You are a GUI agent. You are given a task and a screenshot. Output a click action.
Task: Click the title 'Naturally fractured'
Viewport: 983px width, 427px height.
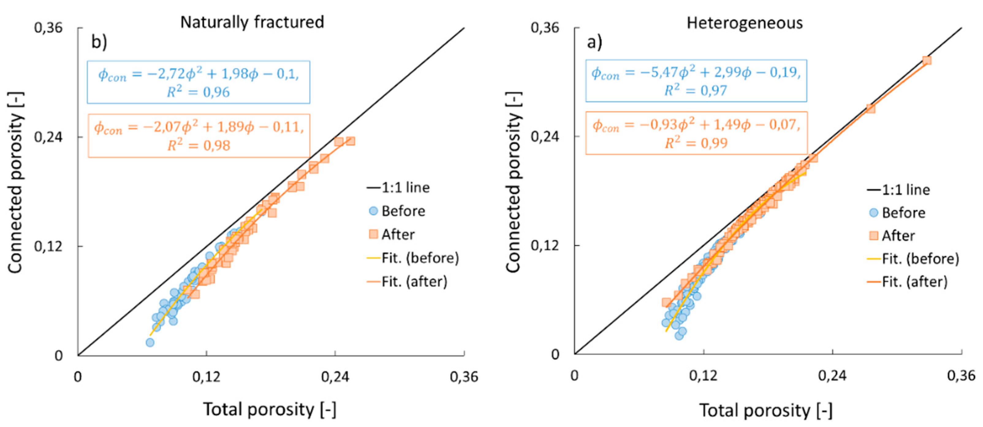tap(252, 22)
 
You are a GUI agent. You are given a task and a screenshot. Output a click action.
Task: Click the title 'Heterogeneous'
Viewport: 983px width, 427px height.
tap(745, 23)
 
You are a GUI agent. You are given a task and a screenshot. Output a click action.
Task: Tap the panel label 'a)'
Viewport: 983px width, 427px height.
tap(594, 42)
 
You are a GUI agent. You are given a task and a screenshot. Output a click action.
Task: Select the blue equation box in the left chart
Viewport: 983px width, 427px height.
tap(199, 82)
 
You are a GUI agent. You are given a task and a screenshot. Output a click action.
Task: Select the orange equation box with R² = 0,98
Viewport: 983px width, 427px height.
tap(199, 135)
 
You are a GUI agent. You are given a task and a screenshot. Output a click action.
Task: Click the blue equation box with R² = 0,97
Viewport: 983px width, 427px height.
tap(696, 81)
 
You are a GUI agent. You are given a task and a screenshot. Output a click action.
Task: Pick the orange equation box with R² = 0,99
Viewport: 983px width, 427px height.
tap(696, 133)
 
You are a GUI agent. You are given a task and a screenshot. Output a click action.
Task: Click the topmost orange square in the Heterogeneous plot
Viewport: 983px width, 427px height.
tap(927, 61)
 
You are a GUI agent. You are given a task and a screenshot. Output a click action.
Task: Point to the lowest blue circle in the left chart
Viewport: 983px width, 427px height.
tap(150, 342)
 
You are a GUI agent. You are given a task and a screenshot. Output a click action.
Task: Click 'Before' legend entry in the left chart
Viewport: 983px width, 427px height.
tap(403, 211)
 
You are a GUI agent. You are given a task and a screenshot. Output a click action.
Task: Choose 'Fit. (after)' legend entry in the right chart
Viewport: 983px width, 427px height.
tap(914, 282)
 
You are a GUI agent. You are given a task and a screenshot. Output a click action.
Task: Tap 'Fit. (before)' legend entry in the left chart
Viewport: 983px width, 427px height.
tap(420, 258)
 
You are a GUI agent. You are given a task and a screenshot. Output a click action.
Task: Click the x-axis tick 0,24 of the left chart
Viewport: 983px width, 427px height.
tap(335, 377)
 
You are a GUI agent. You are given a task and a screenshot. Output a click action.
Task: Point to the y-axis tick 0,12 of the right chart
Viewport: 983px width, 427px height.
tap(545, 245)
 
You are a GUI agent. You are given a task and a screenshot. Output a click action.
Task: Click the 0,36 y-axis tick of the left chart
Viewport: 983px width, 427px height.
tap(48, 28)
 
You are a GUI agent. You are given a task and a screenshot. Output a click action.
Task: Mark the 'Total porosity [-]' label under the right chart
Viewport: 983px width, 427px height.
tap(765, 410)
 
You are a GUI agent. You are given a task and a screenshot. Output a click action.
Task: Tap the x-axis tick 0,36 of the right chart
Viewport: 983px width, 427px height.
tap(961, 376)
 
